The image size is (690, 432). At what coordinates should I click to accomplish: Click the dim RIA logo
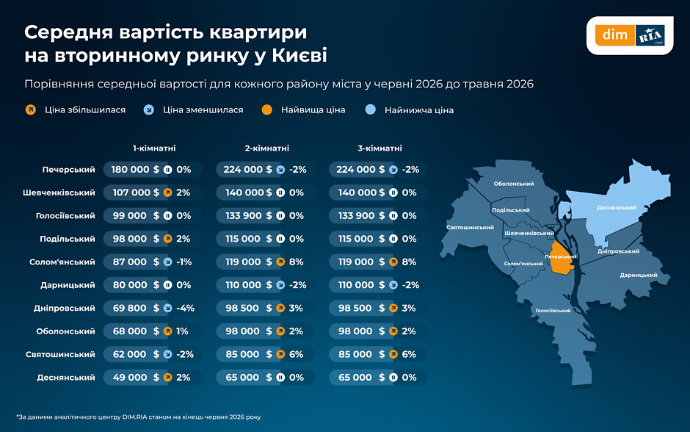tap(630, 35)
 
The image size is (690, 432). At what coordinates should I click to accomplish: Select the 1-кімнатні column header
tap(154, 148)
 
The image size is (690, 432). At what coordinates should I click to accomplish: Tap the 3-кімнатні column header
tap(379, 148)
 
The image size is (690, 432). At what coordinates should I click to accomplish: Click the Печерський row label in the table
tap(69, 170)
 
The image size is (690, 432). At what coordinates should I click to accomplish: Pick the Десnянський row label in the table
tap(66, 378)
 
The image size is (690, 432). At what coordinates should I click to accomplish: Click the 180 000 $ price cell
tap(135, 170)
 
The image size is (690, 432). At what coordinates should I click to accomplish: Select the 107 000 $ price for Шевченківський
tap(136, 192)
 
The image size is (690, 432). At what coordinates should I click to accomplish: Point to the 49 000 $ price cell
tap(136, 378)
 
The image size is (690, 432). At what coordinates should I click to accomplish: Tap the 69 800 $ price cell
tap(136, 309)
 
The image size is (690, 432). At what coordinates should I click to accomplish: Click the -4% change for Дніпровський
tap(185, 309)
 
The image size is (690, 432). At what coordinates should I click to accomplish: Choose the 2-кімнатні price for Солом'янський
tap(249, 262)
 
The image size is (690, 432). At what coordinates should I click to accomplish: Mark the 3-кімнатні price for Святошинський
tap(361, 355)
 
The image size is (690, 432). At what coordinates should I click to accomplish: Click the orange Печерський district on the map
tap(562, 263)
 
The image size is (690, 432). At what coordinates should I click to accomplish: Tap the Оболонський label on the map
tap(514, 184)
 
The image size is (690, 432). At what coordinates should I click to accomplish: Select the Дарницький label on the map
tap(639, 275)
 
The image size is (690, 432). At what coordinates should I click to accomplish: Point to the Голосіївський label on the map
tap(553, 311)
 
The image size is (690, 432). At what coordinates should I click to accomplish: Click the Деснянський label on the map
tap(617, 207)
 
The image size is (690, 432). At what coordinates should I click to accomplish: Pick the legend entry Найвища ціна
tap(304, 110)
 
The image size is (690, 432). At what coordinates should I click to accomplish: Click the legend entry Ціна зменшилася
tap(194, 110)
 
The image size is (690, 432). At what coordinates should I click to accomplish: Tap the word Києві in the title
tap(299, 56)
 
